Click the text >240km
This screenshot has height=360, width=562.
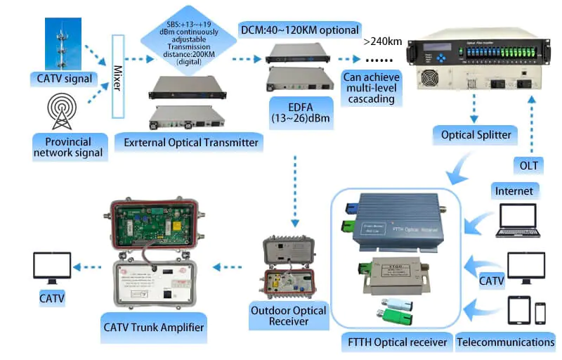(383, 41)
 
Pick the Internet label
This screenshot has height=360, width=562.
(514, 190)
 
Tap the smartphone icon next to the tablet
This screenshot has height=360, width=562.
(540, 313)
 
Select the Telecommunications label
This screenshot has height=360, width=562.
(506, 342)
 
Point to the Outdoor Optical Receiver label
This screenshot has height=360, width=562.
(289, 316)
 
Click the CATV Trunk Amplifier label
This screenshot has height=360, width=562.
(154, 327)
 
